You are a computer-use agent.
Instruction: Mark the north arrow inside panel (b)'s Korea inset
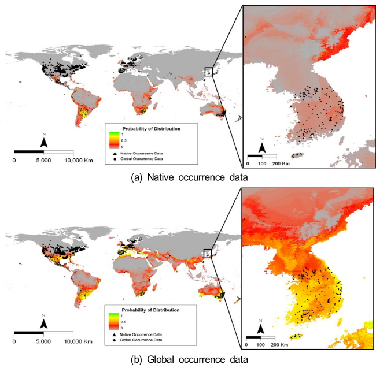[x=261, y=329]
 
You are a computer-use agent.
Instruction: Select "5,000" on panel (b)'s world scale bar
[x=43, y=342]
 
